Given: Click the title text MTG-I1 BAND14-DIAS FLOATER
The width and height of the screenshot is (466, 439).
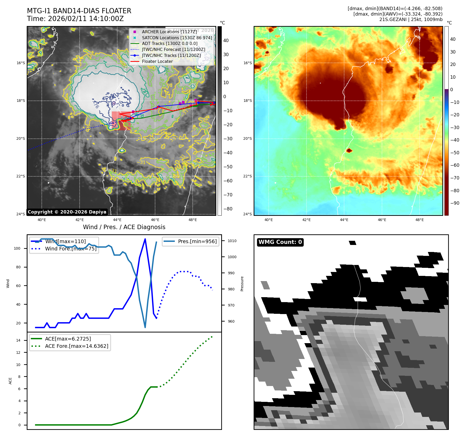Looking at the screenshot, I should [79, 11].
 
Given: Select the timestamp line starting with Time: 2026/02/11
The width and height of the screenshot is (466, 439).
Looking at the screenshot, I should [75, 19].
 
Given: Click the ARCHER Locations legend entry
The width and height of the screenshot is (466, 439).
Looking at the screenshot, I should [169, 32].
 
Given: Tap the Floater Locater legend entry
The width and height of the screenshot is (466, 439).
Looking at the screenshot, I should [157, 61].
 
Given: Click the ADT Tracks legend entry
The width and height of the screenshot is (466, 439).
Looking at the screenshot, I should [170, 44].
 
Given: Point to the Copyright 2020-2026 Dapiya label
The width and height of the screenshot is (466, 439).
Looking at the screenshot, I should [67, 212].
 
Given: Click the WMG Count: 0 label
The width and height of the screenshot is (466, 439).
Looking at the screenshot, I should [280, 242].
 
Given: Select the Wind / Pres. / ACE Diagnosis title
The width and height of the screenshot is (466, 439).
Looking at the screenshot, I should [124, 227].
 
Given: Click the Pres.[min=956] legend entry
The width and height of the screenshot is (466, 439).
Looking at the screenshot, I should [197, 241].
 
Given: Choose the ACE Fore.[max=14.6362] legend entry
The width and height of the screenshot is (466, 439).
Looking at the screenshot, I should [76, 346].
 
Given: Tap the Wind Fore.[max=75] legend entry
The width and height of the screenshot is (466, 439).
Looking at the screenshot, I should [71, 249].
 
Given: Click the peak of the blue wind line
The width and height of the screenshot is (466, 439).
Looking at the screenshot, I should [145, 239].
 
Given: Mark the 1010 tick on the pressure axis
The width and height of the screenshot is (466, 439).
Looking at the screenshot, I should [232, 241].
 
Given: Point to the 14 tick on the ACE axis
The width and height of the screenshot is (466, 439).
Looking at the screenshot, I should [18, 340].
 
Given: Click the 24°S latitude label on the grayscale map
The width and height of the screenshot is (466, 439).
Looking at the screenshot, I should [21, 214].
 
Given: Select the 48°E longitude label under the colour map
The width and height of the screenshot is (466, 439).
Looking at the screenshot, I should [420, 220].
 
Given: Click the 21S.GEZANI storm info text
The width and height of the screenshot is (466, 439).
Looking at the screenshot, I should [411, 19].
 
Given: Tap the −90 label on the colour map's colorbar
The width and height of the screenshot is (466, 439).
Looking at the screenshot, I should [455, 203].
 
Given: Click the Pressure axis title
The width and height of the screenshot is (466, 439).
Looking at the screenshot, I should [242, 284].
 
